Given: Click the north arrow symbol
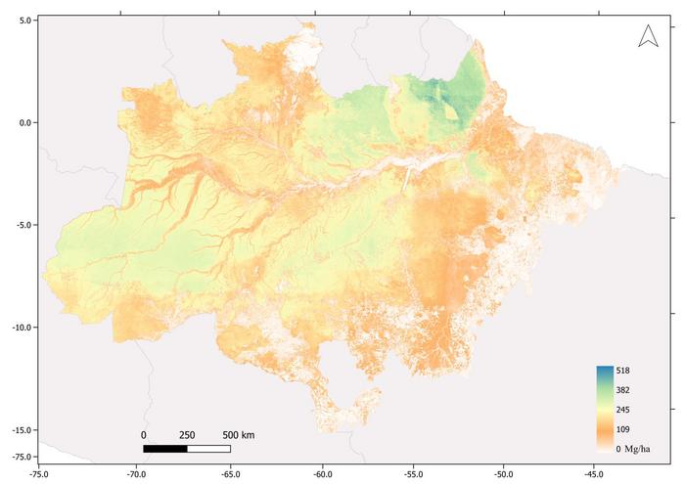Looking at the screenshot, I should (647, 36).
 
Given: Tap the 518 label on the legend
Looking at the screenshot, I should (623, 371).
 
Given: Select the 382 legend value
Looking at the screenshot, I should (623, 390).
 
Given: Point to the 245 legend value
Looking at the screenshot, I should (623, 410).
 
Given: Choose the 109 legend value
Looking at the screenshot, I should (623, 429).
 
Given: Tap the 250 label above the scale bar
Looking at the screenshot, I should (187, 435).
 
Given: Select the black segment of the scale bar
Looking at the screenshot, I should (164, 449).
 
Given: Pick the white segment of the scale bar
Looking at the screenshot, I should (208, 449).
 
